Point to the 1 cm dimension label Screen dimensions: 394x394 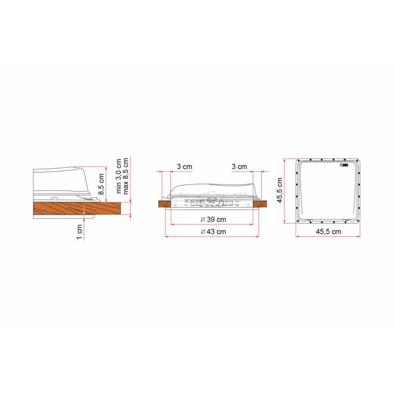click(79, 231)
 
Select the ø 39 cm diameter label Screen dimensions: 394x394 click(212, 219)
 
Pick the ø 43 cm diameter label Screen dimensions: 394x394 click(212, 231)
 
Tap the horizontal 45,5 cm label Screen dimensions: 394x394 click(329, 231)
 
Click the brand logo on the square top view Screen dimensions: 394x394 click(344, 165)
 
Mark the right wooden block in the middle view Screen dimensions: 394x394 click(259, 204)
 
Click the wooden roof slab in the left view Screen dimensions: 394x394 click(79, 209)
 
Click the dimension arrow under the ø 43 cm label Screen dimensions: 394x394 click(212, 236)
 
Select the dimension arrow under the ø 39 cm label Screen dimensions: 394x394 click(212, 225)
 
